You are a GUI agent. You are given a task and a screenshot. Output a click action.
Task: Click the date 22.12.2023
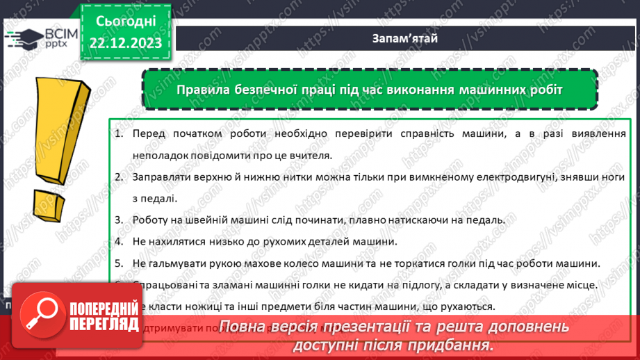tap(125, 43)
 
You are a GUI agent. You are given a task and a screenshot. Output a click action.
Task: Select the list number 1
tap(118, 134)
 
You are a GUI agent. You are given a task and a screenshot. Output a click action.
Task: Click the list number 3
tap(118, 220)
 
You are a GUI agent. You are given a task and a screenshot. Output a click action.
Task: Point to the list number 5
tap(118, 263)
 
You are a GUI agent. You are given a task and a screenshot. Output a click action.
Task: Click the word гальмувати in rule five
tap(177, 263)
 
